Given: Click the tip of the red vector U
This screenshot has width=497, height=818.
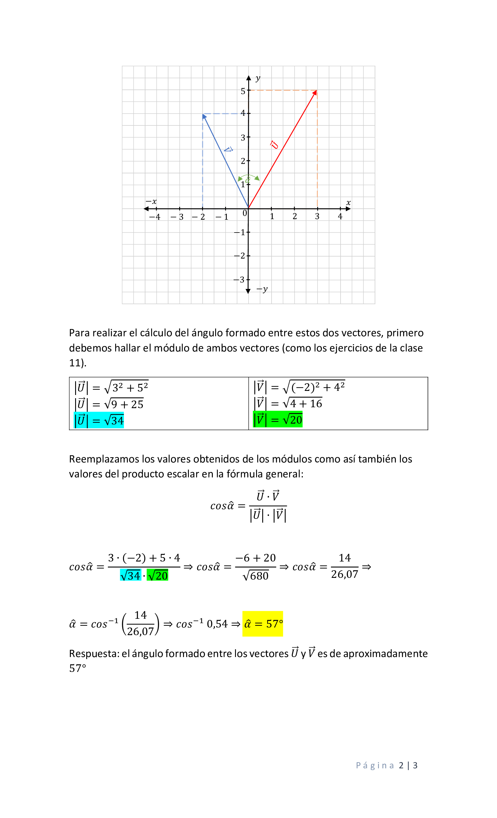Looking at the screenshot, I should click(x=316, y=91).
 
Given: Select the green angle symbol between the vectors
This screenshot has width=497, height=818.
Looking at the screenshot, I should click(x=248, y=180).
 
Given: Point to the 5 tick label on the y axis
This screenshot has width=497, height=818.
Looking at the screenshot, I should click(x=243, y=91).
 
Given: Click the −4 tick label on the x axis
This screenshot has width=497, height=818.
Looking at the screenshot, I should click(x=155, y=217).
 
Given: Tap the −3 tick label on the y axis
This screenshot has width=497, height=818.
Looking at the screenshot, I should click(x=239, y=280).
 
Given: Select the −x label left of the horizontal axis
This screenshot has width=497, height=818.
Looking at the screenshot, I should click(x=151, y=202).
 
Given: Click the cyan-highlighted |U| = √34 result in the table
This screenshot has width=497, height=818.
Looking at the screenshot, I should click(x=99, y=420).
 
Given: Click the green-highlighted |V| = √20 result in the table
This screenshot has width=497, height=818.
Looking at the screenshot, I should click(x=278, y=419).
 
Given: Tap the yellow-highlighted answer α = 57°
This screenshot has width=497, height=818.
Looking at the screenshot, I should click(x=263, y=624).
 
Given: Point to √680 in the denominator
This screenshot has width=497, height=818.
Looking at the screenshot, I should click(x=256, y=576).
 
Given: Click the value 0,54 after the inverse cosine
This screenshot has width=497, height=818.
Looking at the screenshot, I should click(x=217, y=624).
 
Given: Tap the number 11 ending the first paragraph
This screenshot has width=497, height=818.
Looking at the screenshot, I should click(x=76, y=363).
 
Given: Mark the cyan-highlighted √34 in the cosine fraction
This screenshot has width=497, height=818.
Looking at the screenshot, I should click(x=130, y=575).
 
